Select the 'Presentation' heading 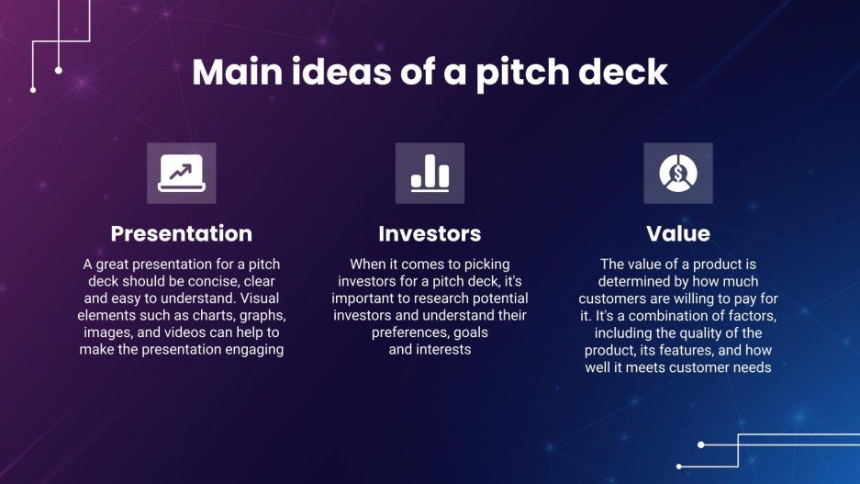[x=181, y=233]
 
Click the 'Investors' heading [x=430, y=233]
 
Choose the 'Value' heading [x=677, y=233]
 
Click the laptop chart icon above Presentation [x=182, y=173]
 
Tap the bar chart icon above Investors [x=430, y=173]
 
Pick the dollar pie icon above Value [x=677, y=173]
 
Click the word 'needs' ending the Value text [x=749, y=367]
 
